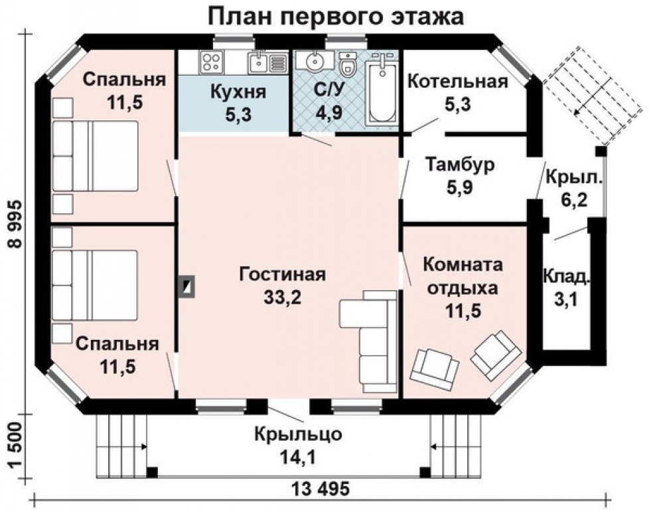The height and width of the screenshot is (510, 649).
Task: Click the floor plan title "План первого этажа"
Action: (x=335, y=17)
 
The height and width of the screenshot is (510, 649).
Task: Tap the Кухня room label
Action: (x=238, y=92)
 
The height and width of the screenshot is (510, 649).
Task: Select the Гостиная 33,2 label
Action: (x=283, y=286)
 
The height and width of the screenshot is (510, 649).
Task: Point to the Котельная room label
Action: (x=458, y=82)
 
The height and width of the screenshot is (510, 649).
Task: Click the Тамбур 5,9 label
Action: (x=460, y=176)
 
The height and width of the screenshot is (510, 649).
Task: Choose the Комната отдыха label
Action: (x=463, y=276)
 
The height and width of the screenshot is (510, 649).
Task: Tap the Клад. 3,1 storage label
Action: (x=566, y=288)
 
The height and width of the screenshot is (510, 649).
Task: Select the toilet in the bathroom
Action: (x=347, y=64)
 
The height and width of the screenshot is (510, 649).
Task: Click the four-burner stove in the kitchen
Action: (x=211, y=62)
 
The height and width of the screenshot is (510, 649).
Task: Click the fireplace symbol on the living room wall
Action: (x=186, y=286)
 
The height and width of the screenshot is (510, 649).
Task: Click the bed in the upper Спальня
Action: (x=95, y=156)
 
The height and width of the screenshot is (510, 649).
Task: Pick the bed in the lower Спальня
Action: (x=95, y=285)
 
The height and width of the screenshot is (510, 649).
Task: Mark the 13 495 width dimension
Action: (x=321, y=489)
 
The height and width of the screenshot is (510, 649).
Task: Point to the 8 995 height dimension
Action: (x=15, y=224)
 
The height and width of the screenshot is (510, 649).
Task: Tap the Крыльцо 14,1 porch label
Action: (x=298, y=446)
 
